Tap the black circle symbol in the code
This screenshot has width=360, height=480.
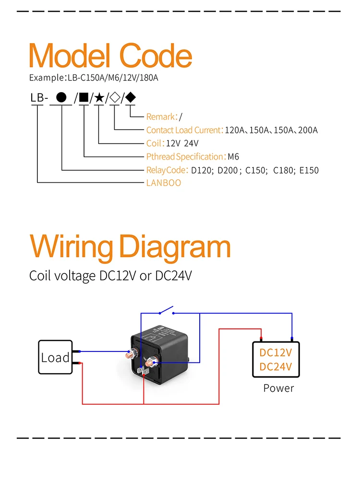click(x=61, y=98)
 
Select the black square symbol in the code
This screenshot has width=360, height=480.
click(x=84, y=98)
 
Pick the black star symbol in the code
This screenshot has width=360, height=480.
click(x=99, y=98)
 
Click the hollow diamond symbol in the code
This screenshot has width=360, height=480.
click(x=115, y=98)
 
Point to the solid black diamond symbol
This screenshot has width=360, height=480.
click(x=130, y=98)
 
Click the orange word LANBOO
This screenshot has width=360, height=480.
click(x=163, y=183)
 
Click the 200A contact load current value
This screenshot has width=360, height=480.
click(x=308, y=130)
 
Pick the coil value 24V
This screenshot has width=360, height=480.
click(x=191, y=143)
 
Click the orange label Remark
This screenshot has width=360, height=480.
click(x=161, y=117)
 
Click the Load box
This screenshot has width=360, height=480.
click(x=55, y=357)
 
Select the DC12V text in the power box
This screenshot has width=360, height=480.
click(x=276, y=352)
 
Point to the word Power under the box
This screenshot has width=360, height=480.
click(x=278, y=388)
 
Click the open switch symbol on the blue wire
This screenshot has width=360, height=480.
click(x=166, y=311)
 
